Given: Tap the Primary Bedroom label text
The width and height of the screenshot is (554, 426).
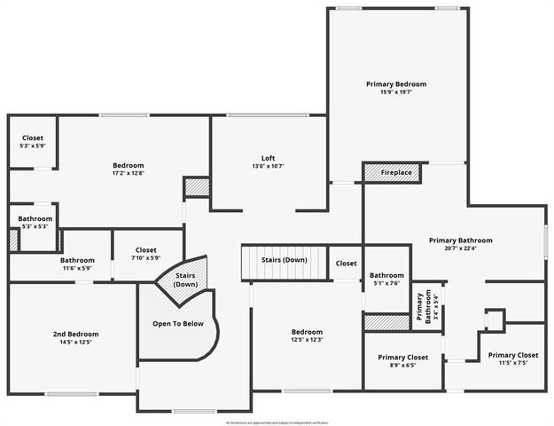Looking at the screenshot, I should coord(396,84).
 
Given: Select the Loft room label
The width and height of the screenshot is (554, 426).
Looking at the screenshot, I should coord(267,157).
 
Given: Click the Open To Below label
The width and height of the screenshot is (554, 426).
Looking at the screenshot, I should coord(177,324).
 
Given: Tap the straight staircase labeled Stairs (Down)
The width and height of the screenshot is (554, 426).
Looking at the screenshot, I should coord(284,260).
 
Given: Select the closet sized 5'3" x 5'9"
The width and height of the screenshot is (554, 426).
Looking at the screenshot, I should coord(33,142).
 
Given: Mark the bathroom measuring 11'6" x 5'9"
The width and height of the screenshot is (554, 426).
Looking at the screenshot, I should coord(77,264).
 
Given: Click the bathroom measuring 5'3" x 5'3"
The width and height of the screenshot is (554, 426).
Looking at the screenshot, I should coord(35,222).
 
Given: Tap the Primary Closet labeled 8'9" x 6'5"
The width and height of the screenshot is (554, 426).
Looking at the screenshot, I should coord(403,360).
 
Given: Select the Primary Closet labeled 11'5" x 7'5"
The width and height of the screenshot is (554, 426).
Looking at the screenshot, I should coord(512,359).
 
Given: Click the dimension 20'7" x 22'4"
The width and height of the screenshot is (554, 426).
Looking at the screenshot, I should coord(460,248).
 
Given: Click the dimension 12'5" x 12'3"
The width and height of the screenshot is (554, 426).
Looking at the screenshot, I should coord(307,340).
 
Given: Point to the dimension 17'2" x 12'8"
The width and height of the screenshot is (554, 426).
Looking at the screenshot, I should coord(129,173).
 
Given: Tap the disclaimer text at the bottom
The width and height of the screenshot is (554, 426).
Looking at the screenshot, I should coord(277,422).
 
